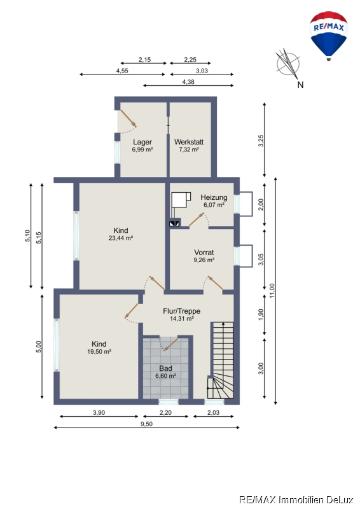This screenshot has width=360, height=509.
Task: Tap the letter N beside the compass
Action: click(x=300, y=85)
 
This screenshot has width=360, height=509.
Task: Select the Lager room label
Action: click(x=142, y=142)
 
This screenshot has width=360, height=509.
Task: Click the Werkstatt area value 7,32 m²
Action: click(x=189, y=150)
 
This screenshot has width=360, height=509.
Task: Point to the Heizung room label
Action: click(x=214, y=197)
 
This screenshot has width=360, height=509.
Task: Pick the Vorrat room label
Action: click(x=204, y=252)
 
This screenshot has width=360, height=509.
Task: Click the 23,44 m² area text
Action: click(x=121, y=238)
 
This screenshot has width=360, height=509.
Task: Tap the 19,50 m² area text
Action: click(x=99, y=352)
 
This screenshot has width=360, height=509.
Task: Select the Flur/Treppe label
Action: click(x=181, y=311)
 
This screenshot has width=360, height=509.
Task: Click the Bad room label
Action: click(x=165, y=368)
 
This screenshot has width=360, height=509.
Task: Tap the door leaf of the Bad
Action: click(x=171, y=344)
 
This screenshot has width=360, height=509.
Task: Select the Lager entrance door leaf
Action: click(x=128, y=118)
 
